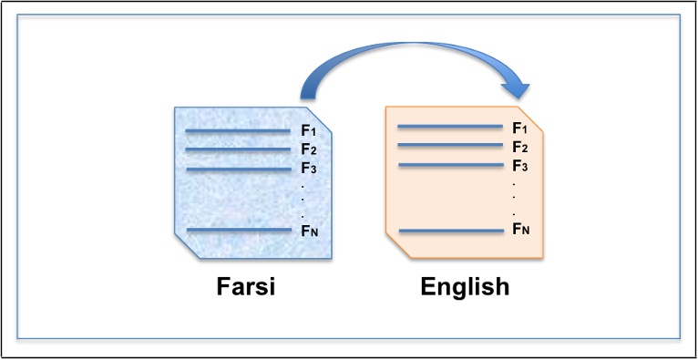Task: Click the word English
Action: click(x=465, y=288)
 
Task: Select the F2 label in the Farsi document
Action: click(x=308, y=150)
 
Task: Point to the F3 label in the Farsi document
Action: click(x=308, y=169)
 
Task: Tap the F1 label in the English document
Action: click(x=520, y=128)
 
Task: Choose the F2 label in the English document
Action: click(x=520, y=147)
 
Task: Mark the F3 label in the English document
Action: click(x=520, y=166)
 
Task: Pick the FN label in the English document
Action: click(x=520, y=229)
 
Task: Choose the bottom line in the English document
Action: click(x=450, y=231)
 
